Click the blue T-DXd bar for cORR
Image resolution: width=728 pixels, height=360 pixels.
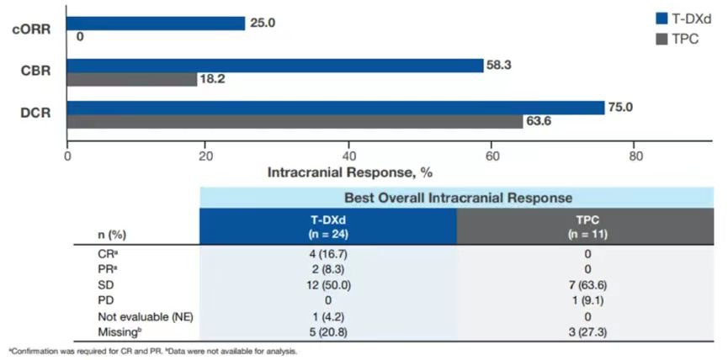156,24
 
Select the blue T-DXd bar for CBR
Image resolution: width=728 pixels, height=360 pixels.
275,66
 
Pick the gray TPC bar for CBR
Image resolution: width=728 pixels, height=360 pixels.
132,79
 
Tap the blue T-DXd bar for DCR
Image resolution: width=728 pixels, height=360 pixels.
336,108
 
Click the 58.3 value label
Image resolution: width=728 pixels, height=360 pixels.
499,65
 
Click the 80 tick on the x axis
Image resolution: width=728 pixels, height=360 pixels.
636,155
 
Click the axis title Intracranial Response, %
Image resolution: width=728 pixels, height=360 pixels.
349,172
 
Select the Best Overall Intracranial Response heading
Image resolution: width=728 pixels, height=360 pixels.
458,198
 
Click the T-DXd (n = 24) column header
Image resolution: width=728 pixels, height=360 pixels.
328,225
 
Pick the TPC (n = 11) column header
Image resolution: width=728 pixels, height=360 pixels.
587,225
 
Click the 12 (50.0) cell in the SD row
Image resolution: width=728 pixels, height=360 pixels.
328,285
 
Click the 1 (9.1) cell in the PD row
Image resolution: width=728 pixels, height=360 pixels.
587,301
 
